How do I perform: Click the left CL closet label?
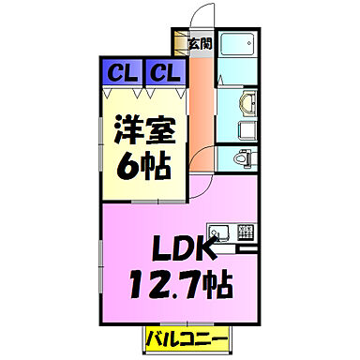coord(117,71)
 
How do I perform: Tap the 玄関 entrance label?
coord(199,42)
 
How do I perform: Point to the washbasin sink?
coord(246,103)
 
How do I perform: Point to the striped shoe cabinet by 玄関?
coord(178,43)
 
